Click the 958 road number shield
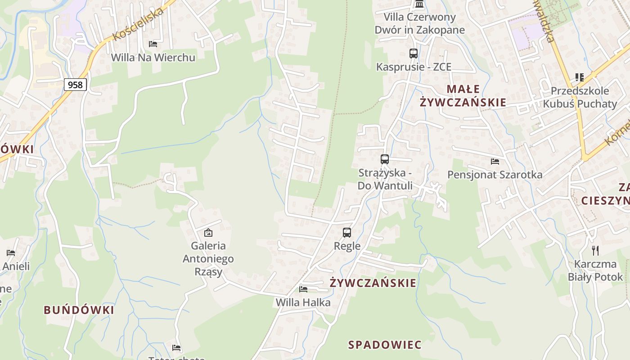click(75, 84)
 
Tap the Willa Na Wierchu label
click(153, 58)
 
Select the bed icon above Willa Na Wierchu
click(153, 44)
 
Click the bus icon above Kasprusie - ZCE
click(413, 54)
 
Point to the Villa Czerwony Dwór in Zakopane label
click(419, 23)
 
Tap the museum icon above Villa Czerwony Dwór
click(419, 4)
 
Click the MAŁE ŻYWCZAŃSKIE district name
click(463, 95)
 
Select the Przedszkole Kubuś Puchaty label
click(580, 97)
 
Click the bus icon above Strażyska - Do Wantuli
click(385, 159)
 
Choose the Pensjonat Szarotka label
click(495, 175)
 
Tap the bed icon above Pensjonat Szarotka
click(495, 162)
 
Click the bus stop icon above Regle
click(347, 233)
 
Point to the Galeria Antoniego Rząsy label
click(208, 259)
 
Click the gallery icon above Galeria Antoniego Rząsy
click(208, 233)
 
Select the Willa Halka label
click(303, 302)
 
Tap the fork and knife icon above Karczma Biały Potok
click(595, 251)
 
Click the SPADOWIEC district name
click(385, 345)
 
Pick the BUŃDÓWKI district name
click(79, 310)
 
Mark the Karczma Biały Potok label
click(595, 270)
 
